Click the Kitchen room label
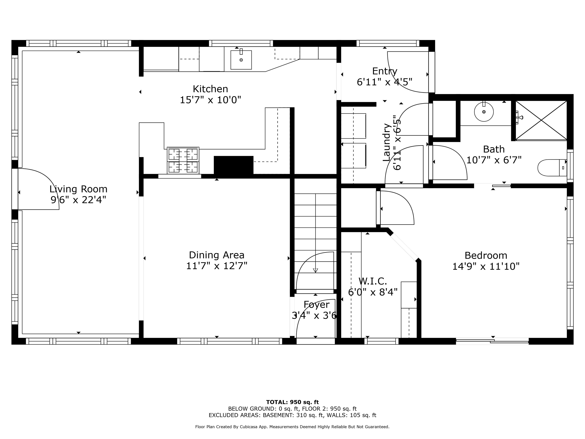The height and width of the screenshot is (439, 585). pyautogui.click(x=210, y=89)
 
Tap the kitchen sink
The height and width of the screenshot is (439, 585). pyautogui.click(x=241, y=60)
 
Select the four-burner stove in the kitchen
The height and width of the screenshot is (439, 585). pyautogui.click(x=183, y=160)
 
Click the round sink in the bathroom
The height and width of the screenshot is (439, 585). pyautogui.click(x=484, y=112)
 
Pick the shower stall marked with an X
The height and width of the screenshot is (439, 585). pyautogui.click(x=541, y=120)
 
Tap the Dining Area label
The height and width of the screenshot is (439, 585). pyautogui.click(x=217, y=255)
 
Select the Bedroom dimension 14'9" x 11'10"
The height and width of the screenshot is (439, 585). pyautogui.click(x=486, y=266)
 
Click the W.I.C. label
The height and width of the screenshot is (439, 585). pyautogui.click(x=373, y=281)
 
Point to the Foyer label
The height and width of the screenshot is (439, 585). pyautogui.click(x=316, y=304)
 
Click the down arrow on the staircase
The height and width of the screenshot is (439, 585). pyautogui.click(x=315, y=270)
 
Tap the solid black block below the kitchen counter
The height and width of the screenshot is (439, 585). pyautogui.click(x=233, y=165)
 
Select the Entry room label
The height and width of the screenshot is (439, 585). pyautogui.click(x=384, y=71)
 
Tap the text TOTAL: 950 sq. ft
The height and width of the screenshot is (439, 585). pyautogui.click(x=292, y=402)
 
